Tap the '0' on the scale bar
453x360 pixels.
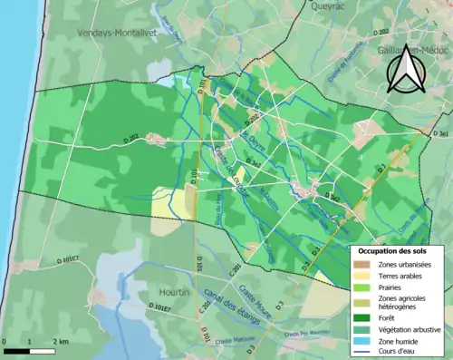[x=5, y=342]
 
